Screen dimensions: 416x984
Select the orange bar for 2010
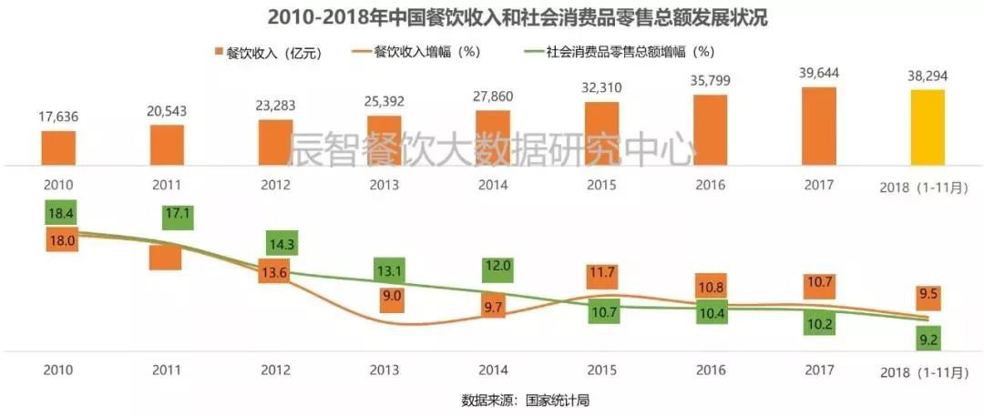[x=58, y=148]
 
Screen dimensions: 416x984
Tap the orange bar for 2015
[x=601, y=134]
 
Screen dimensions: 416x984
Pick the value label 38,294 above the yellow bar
[x=928, y=76]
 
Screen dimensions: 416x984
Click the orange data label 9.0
[x=392, y=296]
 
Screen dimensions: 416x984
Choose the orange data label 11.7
[x=601, y=271]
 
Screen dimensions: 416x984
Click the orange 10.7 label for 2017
[x=819, y=282]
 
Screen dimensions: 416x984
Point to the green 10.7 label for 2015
[x=601, y=313]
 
